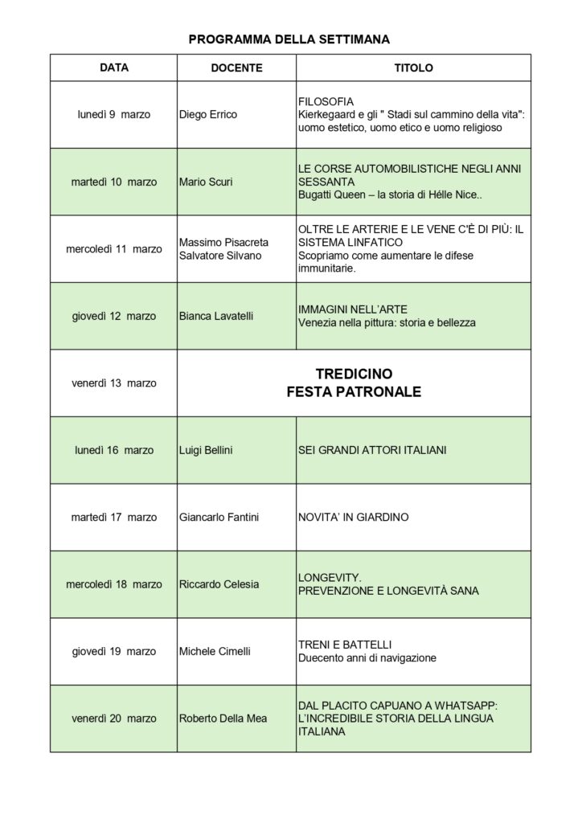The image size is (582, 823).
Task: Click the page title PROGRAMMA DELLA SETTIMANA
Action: [x=289, y=39]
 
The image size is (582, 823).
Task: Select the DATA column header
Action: [x=114, y=68]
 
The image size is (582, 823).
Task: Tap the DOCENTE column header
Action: [x=236, y=68]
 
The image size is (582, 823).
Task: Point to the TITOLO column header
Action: [x=413, y=68]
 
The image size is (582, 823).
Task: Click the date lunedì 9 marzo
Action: [x=114, y=115]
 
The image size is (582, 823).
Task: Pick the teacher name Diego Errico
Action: [x=208, y=115]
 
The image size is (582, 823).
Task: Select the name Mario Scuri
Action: [x=206, y=182]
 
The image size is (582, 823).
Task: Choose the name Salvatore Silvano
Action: [x=219, y=256]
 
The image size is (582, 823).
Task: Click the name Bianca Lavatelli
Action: [x=216, y=316]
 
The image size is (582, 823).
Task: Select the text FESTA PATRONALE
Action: [x=354, y=393]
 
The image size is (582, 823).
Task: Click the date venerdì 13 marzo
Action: [x=114, y=383]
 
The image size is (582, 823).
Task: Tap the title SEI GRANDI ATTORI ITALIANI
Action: [x=372, y=450]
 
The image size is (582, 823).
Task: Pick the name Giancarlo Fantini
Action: [x=219, y=518]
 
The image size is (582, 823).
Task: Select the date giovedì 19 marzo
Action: [x=114, y=652]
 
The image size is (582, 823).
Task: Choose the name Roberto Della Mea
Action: [x=223, y=719]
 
